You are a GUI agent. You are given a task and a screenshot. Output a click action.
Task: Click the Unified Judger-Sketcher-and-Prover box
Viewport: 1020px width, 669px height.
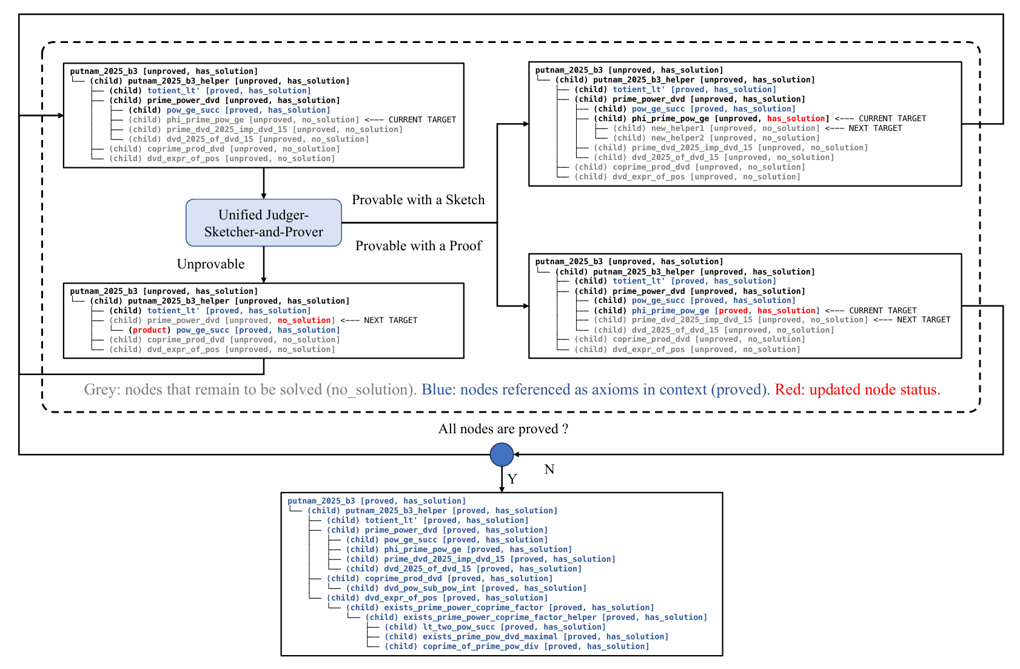tap(263, 223)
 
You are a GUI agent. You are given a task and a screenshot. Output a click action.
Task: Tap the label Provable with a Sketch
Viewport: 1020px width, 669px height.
tap(418, 200)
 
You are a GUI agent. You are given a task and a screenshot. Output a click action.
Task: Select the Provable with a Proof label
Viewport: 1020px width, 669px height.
tap(418, 245)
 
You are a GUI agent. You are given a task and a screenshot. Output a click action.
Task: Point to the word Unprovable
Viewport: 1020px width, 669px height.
tap(210, 264)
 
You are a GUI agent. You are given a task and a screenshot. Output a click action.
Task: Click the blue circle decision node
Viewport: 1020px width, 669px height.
tap(502, 454)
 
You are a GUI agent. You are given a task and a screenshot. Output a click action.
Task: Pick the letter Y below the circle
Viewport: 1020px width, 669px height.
tap(512, 479)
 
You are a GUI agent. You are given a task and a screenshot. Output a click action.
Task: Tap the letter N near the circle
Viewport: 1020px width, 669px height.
tap(549, 469)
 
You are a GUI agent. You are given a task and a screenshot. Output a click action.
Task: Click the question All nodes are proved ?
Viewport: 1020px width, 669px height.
tap(503, 429)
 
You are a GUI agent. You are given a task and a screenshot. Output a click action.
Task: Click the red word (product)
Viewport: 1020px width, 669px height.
tap(149, 330)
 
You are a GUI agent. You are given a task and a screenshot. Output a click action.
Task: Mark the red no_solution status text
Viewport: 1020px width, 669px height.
tap(305, 321)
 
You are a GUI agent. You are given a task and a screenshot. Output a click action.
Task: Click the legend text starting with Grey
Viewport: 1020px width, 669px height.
tap(250, 390)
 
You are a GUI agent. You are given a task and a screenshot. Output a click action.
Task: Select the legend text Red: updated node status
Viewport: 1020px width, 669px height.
tap(857, 390)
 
